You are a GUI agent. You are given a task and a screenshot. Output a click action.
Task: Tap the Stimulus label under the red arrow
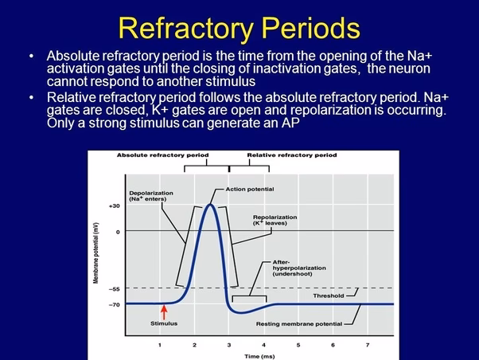click(164, 323)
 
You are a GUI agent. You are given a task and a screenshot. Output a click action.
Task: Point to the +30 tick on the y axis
click(114, 205)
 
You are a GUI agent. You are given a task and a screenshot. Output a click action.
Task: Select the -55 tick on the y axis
click(114, 288)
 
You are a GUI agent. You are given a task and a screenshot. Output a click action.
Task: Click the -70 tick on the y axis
click(114, 304)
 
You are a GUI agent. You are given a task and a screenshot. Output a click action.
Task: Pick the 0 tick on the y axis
click(117, 231)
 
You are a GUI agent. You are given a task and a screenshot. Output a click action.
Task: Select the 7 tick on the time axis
click(367, 344)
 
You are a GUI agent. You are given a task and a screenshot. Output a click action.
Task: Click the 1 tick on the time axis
click(159, 344)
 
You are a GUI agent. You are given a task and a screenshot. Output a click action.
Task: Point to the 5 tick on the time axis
click(298, 344)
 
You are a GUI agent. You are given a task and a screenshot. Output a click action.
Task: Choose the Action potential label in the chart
click(249, 189)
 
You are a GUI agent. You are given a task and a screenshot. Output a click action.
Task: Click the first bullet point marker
click(31, 57)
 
